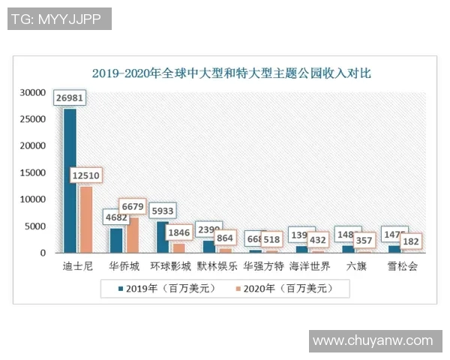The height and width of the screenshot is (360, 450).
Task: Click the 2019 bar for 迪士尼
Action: [x=70, y=180]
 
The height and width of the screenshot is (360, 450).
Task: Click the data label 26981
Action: [x=70, y=97]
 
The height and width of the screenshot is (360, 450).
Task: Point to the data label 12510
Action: [x=86, y=175]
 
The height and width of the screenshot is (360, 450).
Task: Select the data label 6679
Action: [x=133, y=206]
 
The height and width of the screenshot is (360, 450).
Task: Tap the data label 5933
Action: [x=162, y=211]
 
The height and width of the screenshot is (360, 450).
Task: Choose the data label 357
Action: [x=363, y=241]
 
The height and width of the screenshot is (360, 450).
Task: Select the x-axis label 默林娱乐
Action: [x=217, y=266]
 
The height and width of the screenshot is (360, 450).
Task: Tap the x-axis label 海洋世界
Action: [x=309, y=266]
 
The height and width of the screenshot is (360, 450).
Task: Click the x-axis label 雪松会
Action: [x=402, y=266]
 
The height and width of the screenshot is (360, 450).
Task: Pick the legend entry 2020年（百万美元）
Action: [x=283, y=288]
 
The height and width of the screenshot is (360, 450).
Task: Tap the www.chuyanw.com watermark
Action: [x=373, y=340]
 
